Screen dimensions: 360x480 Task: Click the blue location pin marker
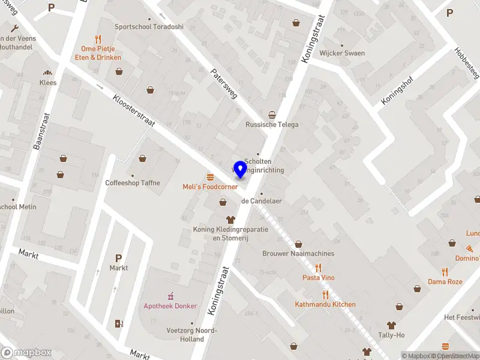pyautogui.click(x=240, y=169)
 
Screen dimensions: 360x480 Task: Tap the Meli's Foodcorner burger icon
pyautogui.click(x=210, y=177)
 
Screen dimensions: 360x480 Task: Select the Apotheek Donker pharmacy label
pyautogui.click(x=170, y=306)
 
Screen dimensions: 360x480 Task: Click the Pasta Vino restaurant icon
pyautogui.click(x=319, y=268)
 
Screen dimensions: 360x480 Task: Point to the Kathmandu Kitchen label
pyautogui.click(x=325, y=304)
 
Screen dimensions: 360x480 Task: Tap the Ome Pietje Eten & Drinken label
pyautogui.click(x=101, y=53)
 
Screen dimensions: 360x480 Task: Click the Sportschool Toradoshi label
pyautogui.click(x=149, y=26)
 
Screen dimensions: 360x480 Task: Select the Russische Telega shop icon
pyautogui.click(x=272, y=115)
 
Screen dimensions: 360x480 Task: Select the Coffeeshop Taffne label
pyautogui.click(x=133, y=183)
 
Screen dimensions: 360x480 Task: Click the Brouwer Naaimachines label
pyautogui.click(x=298, y=254)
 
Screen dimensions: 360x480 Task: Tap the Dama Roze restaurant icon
pyautogui.click(x=445, y=271)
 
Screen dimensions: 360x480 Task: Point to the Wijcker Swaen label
pyautogui.click(x=342, y=53)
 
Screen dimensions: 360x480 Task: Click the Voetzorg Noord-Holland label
pyautogui.click(x=192, y=335)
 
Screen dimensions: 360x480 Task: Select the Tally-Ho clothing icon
pyautogui.click(x=399, y=325)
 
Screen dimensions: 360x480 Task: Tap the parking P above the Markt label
pyautogui.click(x=119, y=258)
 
